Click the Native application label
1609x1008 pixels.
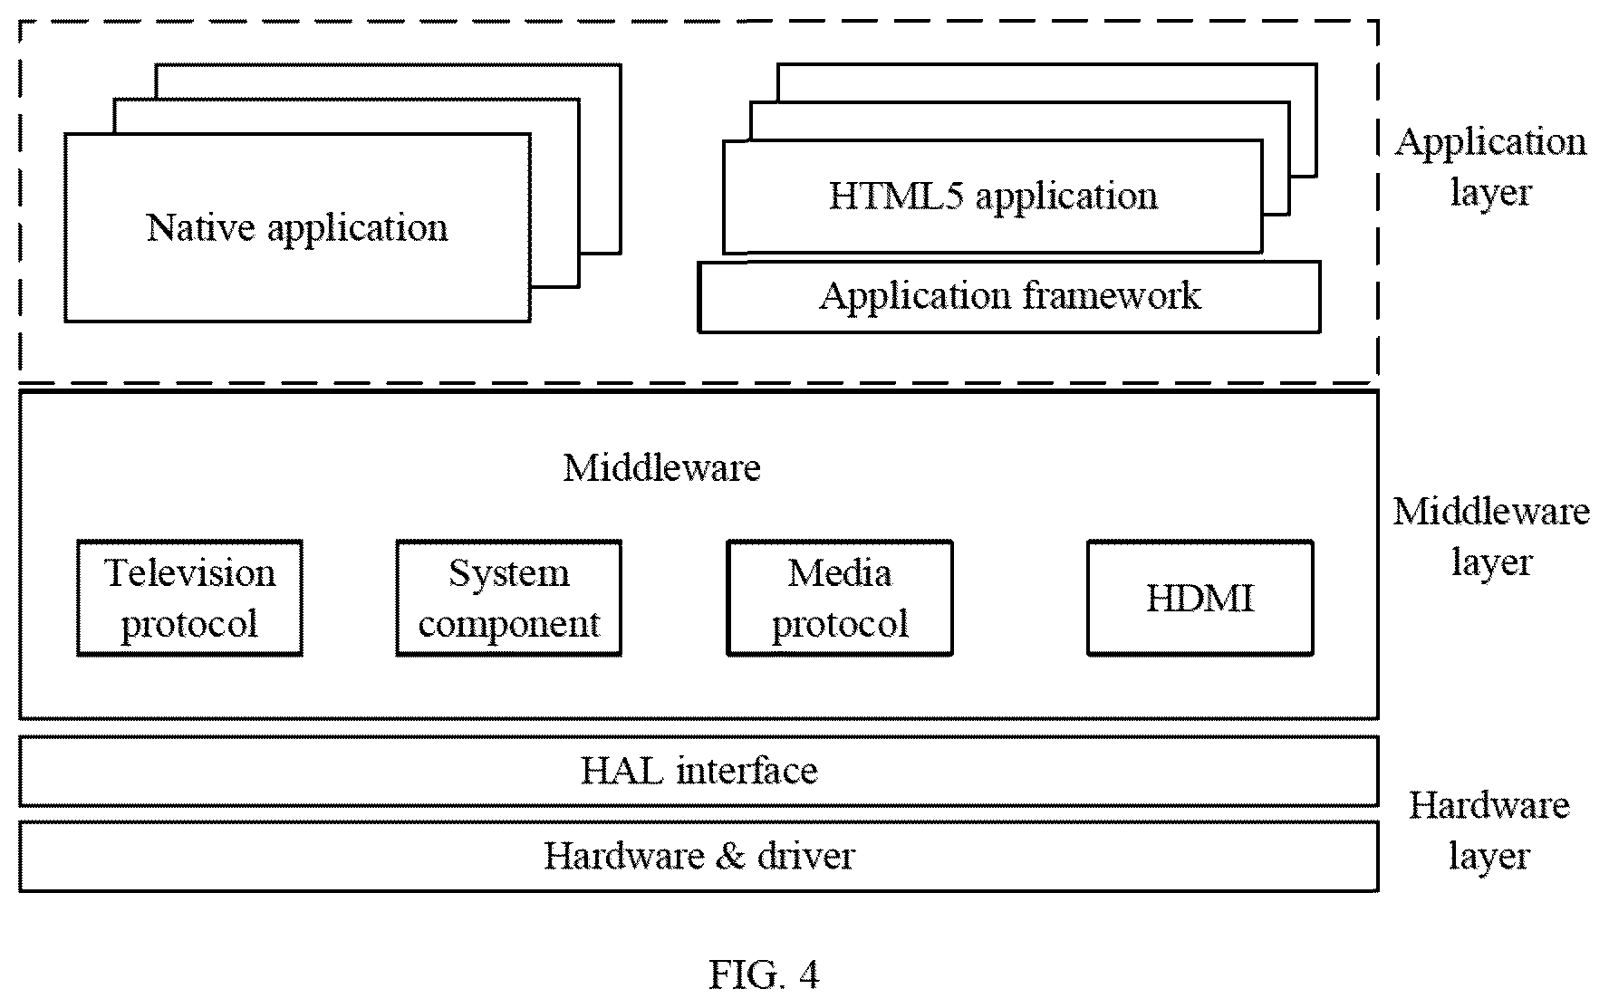coord(297,228)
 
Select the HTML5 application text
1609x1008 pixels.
coord(993,197)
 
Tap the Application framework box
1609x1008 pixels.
coord(1008,297)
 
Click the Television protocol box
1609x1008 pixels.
coord(189,598)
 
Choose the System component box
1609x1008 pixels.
coord(508,598)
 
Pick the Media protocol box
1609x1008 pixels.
coord(840,598)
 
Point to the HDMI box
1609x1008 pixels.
coord(1200,598)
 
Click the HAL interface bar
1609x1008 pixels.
coord(699,771)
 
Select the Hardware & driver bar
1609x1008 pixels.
coord(699,856)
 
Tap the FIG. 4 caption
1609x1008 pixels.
coord(764,975)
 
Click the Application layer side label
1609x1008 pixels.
coord(1490,168)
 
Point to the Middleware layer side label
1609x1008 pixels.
coord(1491,537)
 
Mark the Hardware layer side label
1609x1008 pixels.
coord(1489,830)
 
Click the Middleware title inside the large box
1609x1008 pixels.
coord(661,467)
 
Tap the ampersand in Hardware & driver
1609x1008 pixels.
coord(729,856)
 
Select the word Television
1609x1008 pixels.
coord(189,573)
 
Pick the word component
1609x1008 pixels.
coord(509,625)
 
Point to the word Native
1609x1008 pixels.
coord(200,226)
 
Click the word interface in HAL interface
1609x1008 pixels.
coord(747,771)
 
